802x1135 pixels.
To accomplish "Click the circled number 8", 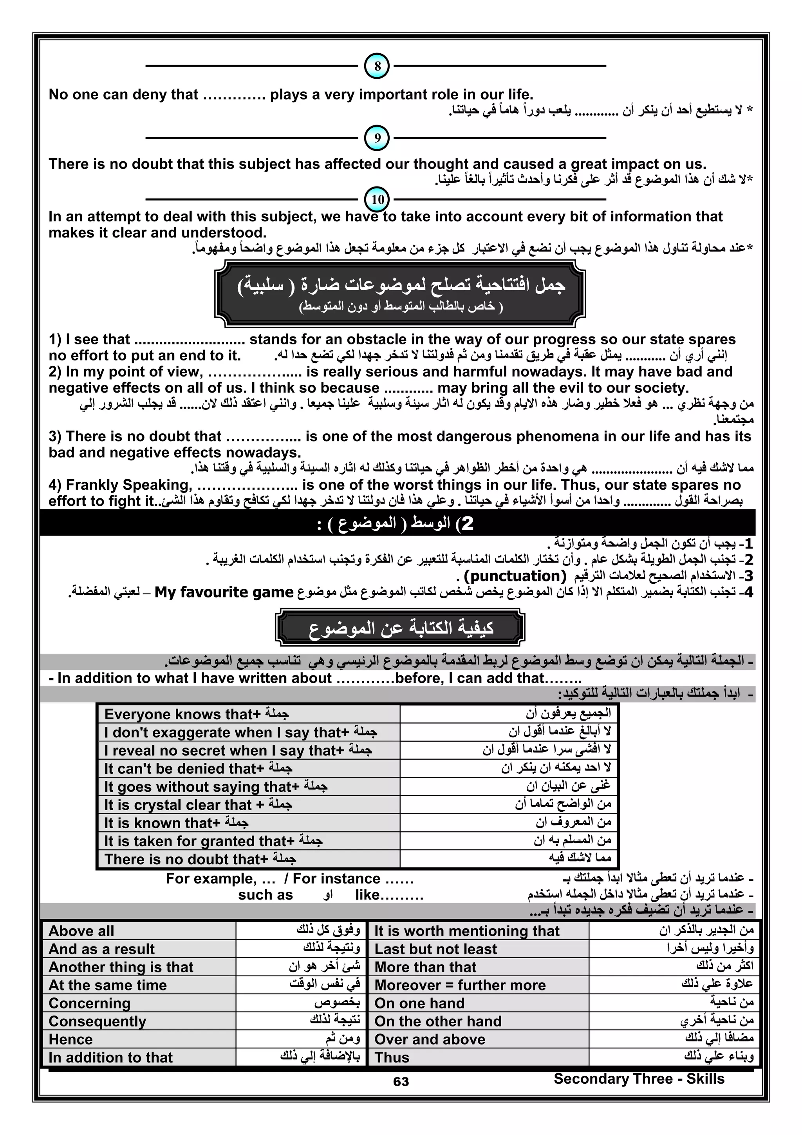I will point(377,66).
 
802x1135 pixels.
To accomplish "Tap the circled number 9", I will point(377,138).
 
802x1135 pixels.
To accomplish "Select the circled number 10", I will point(377,200).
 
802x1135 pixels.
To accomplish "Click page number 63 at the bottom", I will point(401,1082).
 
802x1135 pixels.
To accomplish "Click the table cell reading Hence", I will point(70,1039).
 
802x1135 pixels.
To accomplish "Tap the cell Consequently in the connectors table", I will point(98,1021).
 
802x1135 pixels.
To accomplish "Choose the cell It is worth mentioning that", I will point(466,931).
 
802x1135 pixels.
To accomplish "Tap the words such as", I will point(266,895).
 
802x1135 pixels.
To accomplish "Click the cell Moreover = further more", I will point(460,985).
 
